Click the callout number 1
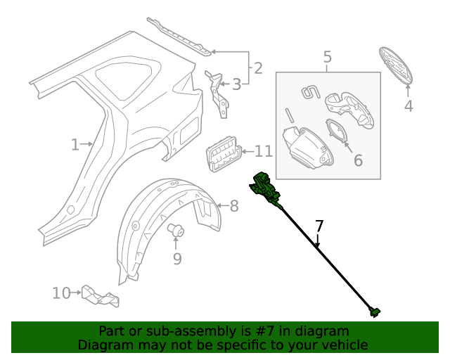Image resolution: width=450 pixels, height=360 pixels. tap(75, 145)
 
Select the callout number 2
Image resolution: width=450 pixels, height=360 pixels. tap(258, 68)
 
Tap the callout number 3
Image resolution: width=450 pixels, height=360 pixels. tap(237, 85)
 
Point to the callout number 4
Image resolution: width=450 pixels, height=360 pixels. tap(409, 106)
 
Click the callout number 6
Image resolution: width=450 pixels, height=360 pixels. tap(358, 160)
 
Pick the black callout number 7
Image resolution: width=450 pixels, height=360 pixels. tap(319, 226)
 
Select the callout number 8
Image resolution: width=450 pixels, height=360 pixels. tap(234, 206)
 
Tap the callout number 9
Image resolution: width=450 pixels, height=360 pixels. tap(177, 259)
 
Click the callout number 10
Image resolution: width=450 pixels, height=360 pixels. tap(61, 292)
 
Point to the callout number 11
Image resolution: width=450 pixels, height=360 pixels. tap(263, 151)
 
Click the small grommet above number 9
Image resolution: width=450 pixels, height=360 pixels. tap(176, 229)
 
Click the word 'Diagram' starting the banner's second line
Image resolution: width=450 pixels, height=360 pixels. tap(103, 345)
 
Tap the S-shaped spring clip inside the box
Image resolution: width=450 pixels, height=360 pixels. tap(309, 92)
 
